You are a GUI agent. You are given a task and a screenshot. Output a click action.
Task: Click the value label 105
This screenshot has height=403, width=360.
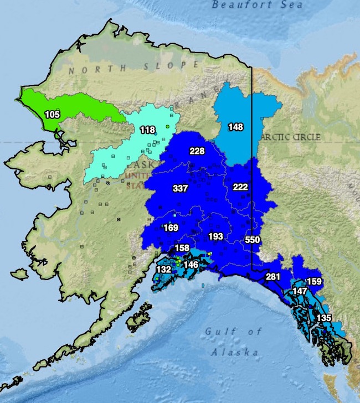point(53,115)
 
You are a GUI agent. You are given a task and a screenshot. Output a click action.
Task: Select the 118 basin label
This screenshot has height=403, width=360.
point(147,130)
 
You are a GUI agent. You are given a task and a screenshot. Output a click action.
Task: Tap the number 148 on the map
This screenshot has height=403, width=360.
point(235,127)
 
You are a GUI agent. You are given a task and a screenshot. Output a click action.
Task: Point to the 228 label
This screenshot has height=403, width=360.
point(197,151)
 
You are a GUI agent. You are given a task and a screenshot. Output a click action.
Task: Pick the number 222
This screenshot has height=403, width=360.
point(240,187)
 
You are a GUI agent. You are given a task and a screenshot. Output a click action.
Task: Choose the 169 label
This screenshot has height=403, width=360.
point(171,228)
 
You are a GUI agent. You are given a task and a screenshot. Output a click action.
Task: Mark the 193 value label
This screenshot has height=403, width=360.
point(215,236)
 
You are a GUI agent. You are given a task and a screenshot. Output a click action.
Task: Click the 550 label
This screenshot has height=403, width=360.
point(252,240)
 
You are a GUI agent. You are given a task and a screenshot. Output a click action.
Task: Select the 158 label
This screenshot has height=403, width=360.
point(182,247)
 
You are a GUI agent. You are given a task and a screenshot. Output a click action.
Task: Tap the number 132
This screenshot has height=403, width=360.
point(163,269)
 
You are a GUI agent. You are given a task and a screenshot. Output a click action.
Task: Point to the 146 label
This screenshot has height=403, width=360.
point(191,265)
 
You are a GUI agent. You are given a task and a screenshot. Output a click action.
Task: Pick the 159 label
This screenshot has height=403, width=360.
point(314,281)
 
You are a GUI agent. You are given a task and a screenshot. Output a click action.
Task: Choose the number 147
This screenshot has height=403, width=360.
point(300,291)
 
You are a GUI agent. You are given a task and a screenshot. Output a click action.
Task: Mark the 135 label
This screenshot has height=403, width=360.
point(323,318)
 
